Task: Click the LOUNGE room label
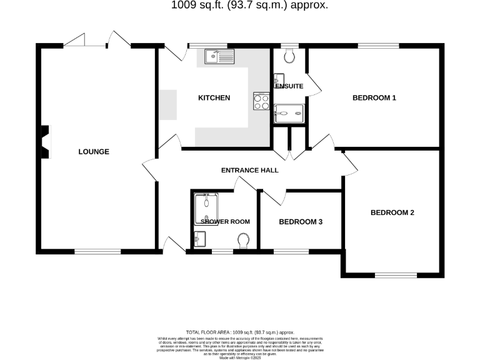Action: point(94,152)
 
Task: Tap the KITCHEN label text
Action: point(214,98)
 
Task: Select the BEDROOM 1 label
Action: point(374,98)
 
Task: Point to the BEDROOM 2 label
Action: point(392,212)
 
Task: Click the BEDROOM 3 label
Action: point(301,222)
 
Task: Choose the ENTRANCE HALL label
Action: point(249,170)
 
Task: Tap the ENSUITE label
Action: point(289,86)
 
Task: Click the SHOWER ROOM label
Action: point(225,222)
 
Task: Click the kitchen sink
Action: point(219,57)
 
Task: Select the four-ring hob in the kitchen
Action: point(261,101)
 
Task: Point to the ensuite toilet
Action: point(289,57)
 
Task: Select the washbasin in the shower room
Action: point(199,238)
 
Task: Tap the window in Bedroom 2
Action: point(396,274)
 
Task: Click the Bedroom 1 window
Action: point(379,46)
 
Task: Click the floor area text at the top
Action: point(249,6)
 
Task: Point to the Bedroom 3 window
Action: point(291,251)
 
